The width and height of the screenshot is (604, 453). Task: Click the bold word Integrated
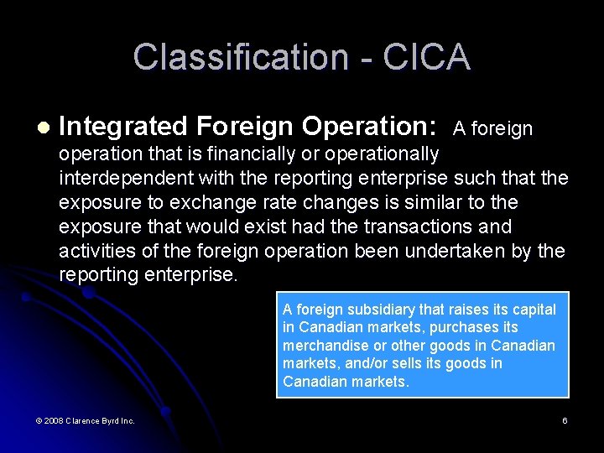point(123,127)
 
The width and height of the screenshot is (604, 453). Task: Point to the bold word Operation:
point(369,127)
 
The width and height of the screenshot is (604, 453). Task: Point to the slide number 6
point(565,420)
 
